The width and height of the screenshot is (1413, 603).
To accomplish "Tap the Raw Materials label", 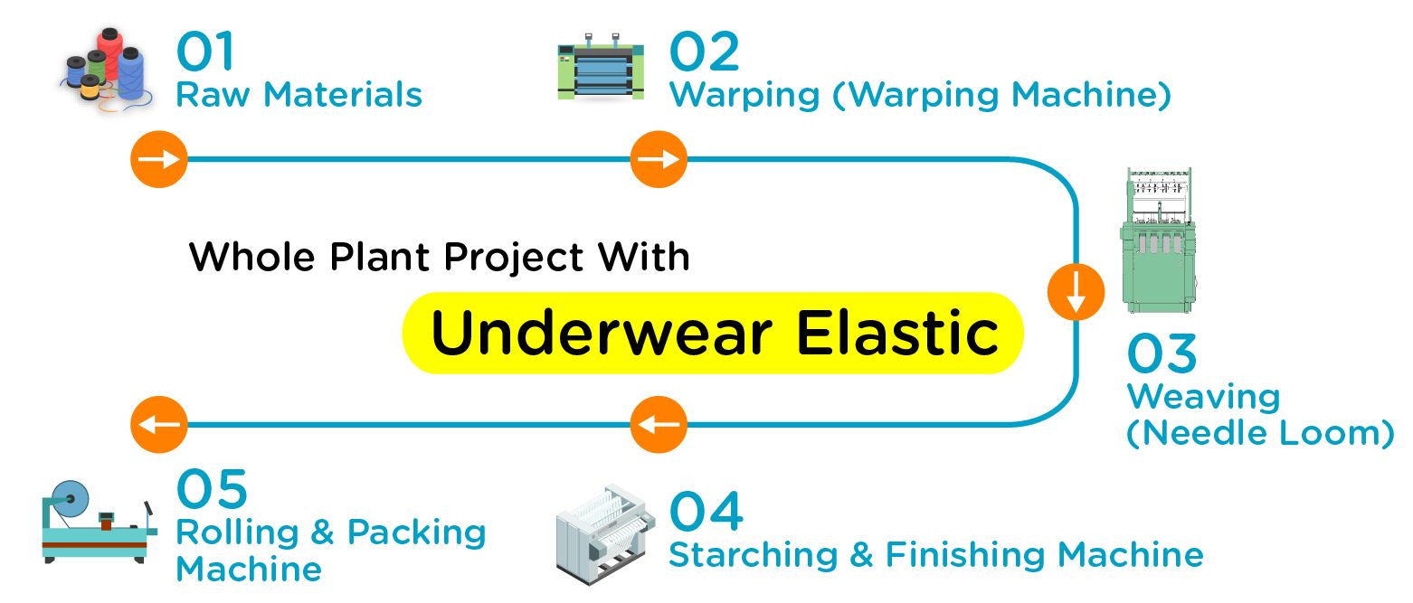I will pyautogui.click(x=299, y=95).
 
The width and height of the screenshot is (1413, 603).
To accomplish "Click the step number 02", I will pyautogui.click(x=704, y=52).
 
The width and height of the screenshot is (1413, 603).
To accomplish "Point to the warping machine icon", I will pyautogui.click(x=601, y=68).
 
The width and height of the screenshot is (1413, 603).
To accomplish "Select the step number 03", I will pyautogui.click(x=1162, y=354).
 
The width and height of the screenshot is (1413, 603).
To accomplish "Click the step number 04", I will pyautogui.click(x=706, y=512).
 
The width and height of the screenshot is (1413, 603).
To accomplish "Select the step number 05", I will pyautogui.click(x=212, y=489).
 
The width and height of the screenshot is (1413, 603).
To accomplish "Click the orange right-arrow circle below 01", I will pyautogui.click(x=159, y=160).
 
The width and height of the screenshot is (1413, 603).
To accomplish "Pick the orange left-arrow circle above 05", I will pyautogui.click(x=159, y=423).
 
